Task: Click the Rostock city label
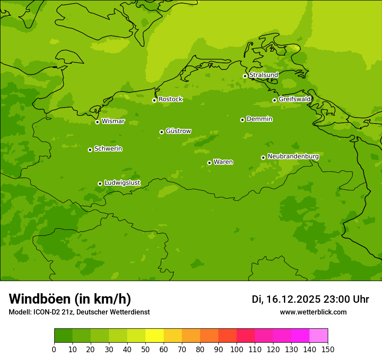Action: tap(170, 99)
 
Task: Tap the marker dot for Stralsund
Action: tap(245, 76)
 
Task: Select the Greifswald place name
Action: tap(294, 99)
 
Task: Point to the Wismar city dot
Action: tap(97, 122)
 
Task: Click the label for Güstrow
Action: tap(178, 131)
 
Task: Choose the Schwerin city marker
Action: tap(90, 150)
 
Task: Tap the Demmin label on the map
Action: tap(259, 119)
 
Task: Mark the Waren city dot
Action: tap(209, 163)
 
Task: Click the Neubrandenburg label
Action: tap(293, 156)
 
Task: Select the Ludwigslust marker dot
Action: tap(100, 183)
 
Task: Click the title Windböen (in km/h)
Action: tap(70, 299)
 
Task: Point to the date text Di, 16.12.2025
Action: tap(286, 299)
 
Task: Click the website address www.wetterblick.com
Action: tap(313, 312)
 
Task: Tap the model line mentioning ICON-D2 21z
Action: tap(79, 312)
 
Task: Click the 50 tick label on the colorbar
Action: tap(145, 349)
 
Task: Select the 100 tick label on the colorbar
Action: tap(237, 349)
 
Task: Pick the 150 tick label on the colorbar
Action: tap(328, 349)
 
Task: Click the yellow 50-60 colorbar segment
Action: tap(155, 336)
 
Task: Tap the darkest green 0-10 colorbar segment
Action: tap(63, 336)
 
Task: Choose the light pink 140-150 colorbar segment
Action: tap(319, 336)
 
